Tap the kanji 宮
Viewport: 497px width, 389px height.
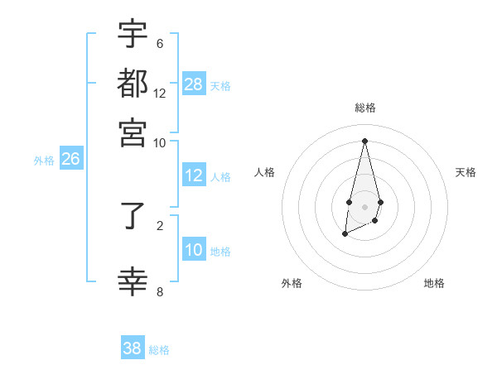click(133, 132)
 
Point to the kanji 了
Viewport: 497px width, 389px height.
click(133, 219)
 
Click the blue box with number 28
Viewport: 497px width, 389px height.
click(194, 84)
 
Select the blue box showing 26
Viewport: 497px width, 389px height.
click(70, 159)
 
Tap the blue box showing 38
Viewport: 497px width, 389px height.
click(133, 348)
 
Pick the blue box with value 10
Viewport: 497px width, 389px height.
click(194, 250)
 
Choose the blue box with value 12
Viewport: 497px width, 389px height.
click(194, 175)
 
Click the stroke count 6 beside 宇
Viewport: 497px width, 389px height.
click(160, 43)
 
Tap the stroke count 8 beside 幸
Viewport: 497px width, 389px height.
click(160, 291)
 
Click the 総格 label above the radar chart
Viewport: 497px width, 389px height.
click(365, 108)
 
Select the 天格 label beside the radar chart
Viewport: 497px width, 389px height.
click(466, 172)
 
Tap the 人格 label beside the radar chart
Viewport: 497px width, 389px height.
click(264, 172)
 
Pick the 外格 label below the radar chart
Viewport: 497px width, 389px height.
click(292, 283)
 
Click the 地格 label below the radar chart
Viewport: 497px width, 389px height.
click(434, 283)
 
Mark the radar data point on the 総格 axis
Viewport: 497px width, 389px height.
click(365, 140)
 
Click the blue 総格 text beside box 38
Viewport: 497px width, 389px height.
click(159, 350)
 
